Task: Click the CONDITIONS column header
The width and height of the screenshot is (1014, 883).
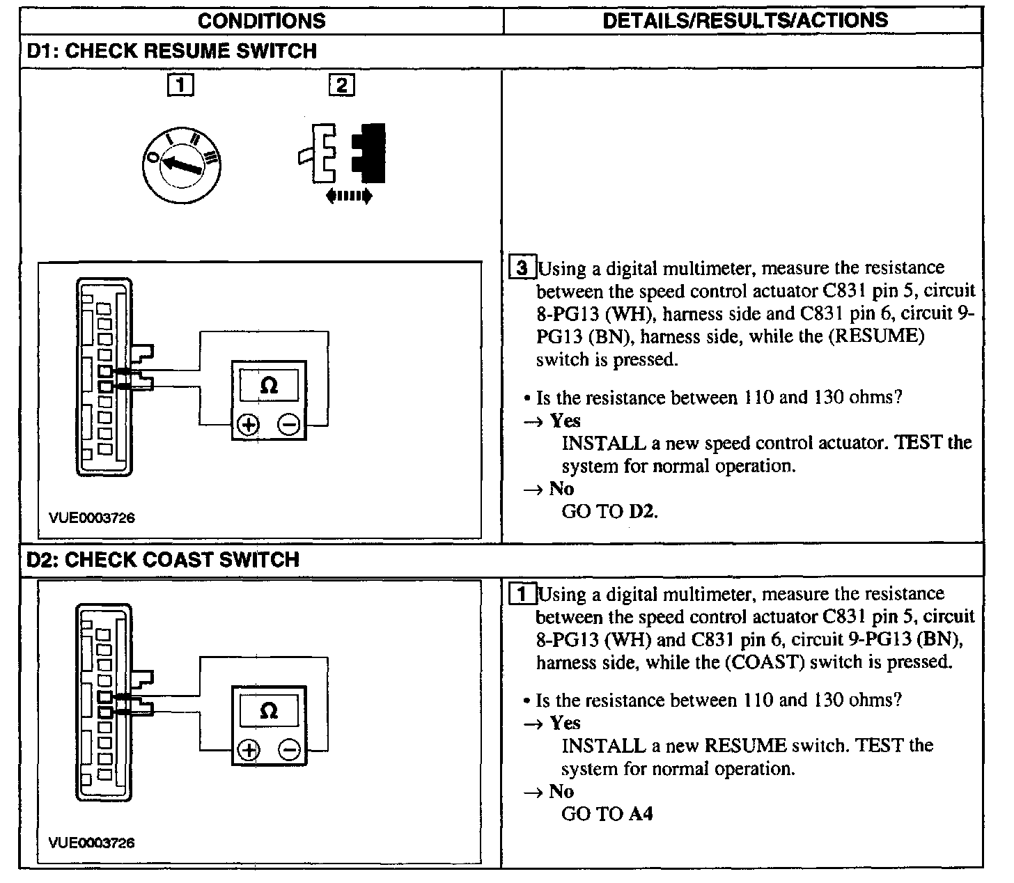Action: (261, 20)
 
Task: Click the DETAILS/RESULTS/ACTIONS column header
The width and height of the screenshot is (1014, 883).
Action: (744, 20)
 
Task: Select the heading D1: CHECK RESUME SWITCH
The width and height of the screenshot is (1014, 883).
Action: (171, 51)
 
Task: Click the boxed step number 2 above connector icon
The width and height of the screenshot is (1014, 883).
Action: (341, 85)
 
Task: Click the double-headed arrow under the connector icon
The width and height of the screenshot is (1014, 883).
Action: (349, 197)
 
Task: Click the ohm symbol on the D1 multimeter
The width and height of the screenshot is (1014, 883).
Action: (269, 385)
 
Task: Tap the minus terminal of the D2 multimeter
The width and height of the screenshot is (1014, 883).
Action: (290, 750)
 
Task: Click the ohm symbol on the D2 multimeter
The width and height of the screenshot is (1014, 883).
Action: (269, 711)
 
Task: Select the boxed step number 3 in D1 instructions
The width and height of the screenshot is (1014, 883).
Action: (524, 268)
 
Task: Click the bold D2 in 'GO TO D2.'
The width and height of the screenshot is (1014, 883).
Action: (643, 512)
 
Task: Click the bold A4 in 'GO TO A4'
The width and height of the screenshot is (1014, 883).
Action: (641, 813)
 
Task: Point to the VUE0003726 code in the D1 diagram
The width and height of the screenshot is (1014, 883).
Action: (91, 518)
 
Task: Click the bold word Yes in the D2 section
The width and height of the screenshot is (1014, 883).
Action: (565, 723)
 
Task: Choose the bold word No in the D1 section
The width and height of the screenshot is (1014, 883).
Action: (561, 489)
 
